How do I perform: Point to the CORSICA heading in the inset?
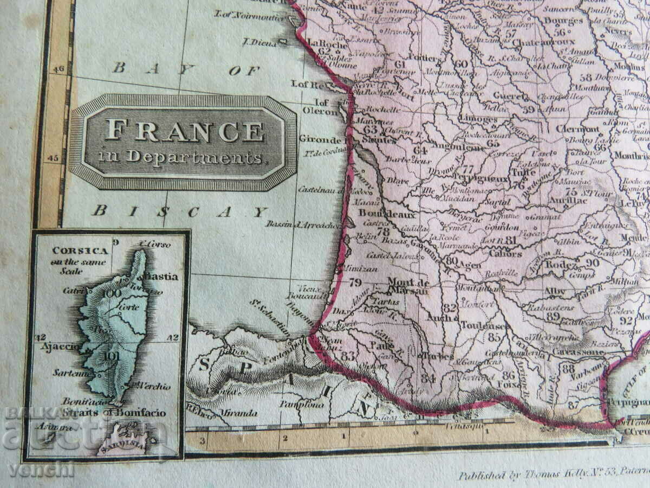[73, 251]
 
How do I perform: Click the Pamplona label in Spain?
[302, 404]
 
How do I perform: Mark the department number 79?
[355, 282]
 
